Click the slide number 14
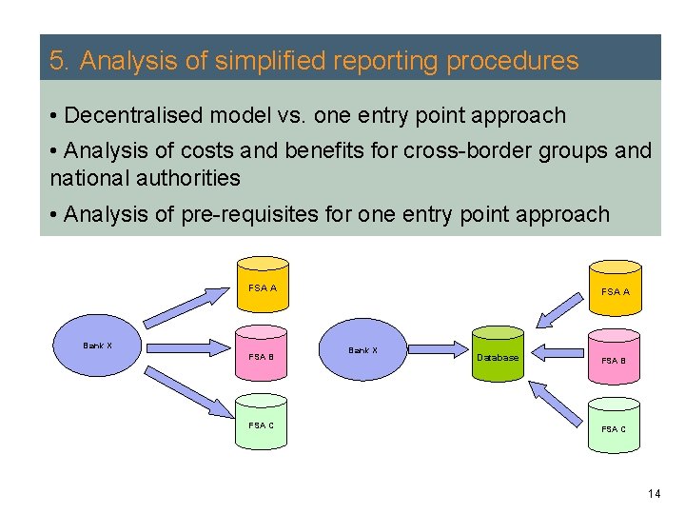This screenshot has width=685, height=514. tap(654, 493)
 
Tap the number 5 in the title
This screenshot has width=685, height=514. tap(57, 62)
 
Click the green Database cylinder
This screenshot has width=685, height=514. tap(498, 355)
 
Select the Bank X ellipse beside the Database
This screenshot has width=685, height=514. tap(362, 351)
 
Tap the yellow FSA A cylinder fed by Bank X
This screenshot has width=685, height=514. tap(262, 285)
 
